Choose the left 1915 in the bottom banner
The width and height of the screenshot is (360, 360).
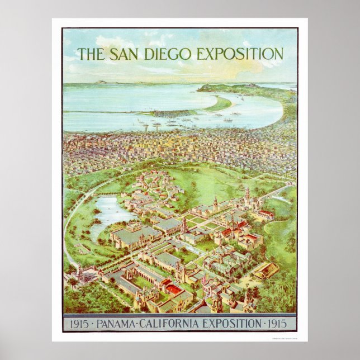78,323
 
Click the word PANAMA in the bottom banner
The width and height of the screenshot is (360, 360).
119,323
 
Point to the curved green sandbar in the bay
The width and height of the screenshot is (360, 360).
219,105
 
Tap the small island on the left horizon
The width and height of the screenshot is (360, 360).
101,83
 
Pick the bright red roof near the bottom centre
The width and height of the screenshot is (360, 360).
174,289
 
